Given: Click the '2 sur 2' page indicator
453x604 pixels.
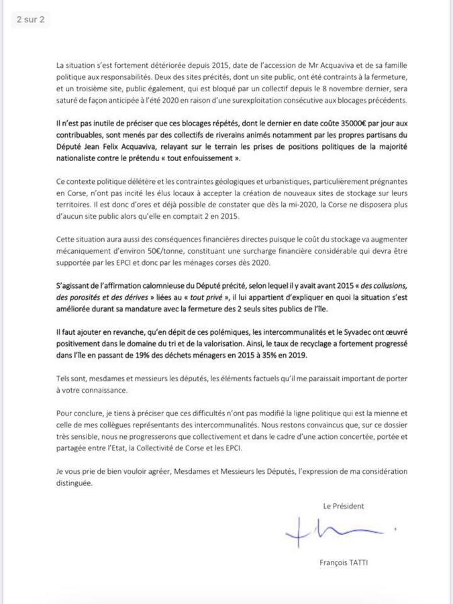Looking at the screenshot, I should pyautogui.click(x=31, y=19).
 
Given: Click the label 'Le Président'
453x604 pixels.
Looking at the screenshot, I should pyautogui.click(x=343, y=505).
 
